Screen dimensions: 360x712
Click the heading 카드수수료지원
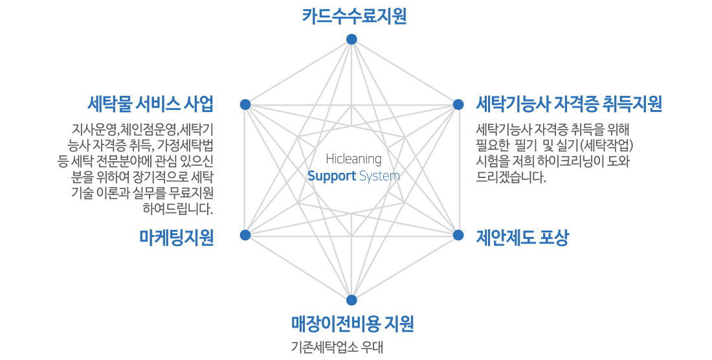(354, 16)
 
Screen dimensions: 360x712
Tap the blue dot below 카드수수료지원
(351, 39)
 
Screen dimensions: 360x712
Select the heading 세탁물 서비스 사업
(150, 104)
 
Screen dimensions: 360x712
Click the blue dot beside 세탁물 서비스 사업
(245, 104)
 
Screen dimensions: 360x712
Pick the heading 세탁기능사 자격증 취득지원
(569, 104)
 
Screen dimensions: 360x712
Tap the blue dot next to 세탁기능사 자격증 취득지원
(458, 104)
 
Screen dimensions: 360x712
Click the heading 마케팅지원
(177, 238)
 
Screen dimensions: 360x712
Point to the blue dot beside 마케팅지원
(245, 235)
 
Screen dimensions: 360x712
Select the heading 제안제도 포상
(522, 238)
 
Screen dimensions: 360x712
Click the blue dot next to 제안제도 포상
(458, 235)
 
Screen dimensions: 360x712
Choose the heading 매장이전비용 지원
(352, 323)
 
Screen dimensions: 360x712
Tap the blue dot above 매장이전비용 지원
(351, 300)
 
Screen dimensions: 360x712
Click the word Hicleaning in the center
(353, 159)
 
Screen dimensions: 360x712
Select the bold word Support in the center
(331, 176)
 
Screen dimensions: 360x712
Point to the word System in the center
(379, 176)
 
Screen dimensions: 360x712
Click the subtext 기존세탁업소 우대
(337, 348)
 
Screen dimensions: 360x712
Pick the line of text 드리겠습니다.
(511, 176)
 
